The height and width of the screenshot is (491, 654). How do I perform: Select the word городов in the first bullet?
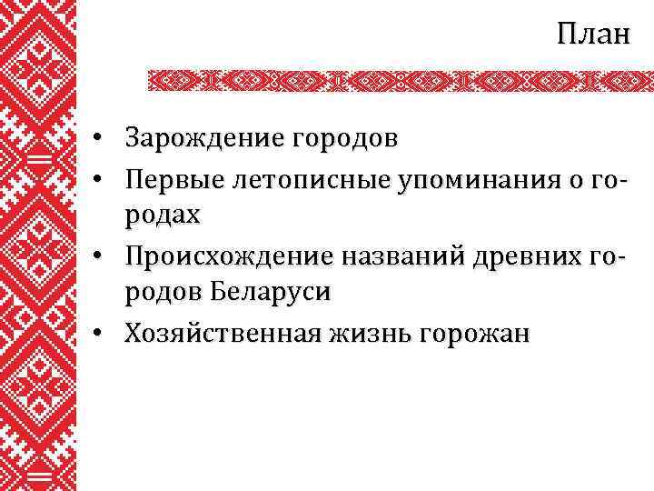343,140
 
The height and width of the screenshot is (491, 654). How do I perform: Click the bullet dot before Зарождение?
107,141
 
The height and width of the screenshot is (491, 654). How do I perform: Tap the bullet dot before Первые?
107,180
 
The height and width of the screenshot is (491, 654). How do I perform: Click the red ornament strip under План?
400,81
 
